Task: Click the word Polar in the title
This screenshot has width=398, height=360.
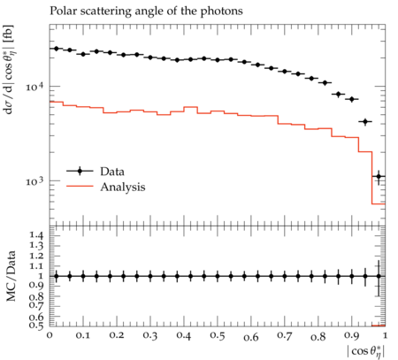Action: pos(60,11)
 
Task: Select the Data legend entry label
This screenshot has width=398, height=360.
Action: pos(112,172)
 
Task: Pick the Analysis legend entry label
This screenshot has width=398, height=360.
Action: pos(123,188)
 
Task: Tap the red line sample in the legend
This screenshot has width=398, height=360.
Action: pos(80,187)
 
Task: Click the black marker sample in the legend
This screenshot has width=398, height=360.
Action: pos(80,171)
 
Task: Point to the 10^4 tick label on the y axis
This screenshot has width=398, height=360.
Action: pos(34,87)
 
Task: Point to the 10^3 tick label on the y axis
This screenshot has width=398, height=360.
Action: pos(34,180)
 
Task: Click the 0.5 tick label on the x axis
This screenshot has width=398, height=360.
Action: pos(218,336)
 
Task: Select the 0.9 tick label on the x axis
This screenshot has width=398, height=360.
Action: pos(352,336)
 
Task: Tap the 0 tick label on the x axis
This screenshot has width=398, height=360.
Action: pos(50,335)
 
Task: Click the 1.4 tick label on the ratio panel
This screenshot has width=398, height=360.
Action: pos(36,235)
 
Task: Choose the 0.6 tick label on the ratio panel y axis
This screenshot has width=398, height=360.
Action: pos(36,317)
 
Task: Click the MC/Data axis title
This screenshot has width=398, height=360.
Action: pos(11,276)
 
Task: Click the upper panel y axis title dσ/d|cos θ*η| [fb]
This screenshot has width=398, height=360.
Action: pos(9,70)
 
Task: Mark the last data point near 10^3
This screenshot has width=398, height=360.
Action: pos(379,176)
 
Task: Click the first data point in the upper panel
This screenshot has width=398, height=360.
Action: pos(57,49)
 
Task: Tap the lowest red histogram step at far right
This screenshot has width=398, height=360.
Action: pos(379,203)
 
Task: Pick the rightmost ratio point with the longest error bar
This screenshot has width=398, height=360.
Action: pos(379,276)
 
